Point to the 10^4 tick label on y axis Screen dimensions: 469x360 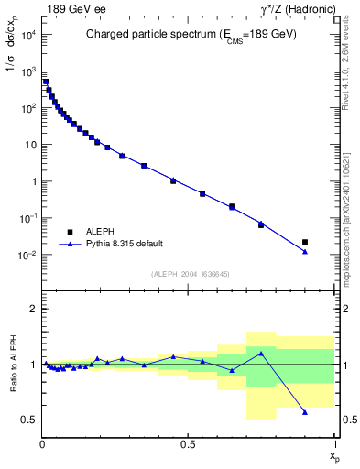27,35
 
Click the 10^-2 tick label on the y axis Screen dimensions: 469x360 27,255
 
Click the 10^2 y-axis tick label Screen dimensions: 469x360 27,108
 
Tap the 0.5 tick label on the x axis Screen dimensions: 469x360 189,442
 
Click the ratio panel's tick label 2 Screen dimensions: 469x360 33,309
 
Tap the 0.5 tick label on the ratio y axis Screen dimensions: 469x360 29,420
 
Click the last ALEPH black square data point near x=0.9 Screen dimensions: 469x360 305,242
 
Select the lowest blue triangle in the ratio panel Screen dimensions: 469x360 305,412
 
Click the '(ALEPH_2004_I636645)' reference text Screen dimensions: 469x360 189,274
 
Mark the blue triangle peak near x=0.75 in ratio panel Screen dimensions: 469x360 261,353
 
